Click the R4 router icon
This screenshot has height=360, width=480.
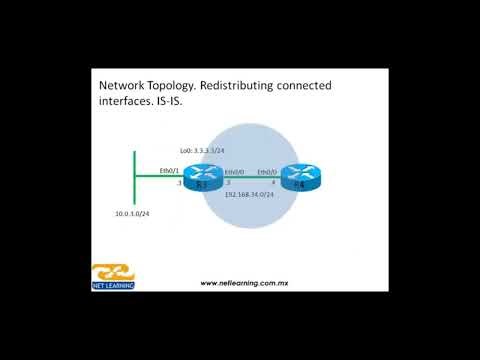tap(296, 180)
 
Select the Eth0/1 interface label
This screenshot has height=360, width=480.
tap(169, 172)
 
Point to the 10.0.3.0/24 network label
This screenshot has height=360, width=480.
tap(132, 213)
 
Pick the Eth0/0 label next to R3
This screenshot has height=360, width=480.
tap(235, 172)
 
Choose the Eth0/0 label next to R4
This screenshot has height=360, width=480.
tap(267, 172)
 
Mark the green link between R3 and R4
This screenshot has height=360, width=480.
tap(250, 180)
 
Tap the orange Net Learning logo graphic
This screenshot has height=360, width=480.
tap(112, 273)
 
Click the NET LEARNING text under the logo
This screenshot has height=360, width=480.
tap(113, 286)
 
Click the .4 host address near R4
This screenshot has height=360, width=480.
tap(273, 183)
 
